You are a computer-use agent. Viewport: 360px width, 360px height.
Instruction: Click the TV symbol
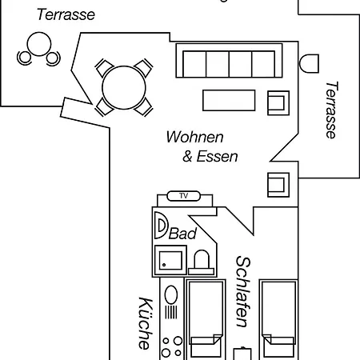coord(183,196)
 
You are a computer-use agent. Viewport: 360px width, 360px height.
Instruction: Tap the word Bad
coord(182,234)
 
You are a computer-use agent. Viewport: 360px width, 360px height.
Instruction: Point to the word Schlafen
coord(243,292)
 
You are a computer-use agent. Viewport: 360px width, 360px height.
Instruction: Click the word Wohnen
coord(194,137)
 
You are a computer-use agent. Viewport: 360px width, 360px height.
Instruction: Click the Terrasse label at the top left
coord(66,14)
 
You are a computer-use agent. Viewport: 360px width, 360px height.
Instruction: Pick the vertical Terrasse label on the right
coord(332,110)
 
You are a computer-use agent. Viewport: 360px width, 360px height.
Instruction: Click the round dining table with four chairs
coord(124,87)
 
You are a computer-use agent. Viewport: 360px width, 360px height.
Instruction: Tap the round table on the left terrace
coord(39,44)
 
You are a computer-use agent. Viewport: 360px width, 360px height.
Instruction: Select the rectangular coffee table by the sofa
coord(229,100)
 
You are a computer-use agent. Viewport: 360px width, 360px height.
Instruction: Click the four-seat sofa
coord(229,61)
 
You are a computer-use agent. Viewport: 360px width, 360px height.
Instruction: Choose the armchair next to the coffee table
coord(278,103)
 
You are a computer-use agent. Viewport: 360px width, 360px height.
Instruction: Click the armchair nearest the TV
coord(278,185)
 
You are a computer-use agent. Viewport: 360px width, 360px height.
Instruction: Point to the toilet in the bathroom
coord(202,262)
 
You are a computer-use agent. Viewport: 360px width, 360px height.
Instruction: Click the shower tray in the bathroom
coord(170,260)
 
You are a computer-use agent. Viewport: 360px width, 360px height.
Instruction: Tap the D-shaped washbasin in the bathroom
coord(161,226)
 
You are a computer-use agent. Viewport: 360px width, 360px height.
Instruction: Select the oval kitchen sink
coord(171,295)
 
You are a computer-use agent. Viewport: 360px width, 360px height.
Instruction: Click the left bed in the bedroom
coord(206,319)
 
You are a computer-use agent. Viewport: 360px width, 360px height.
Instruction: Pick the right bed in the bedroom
coord(278,319)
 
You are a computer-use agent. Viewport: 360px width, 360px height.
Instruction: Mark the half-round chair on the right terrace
coord(309,63)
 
